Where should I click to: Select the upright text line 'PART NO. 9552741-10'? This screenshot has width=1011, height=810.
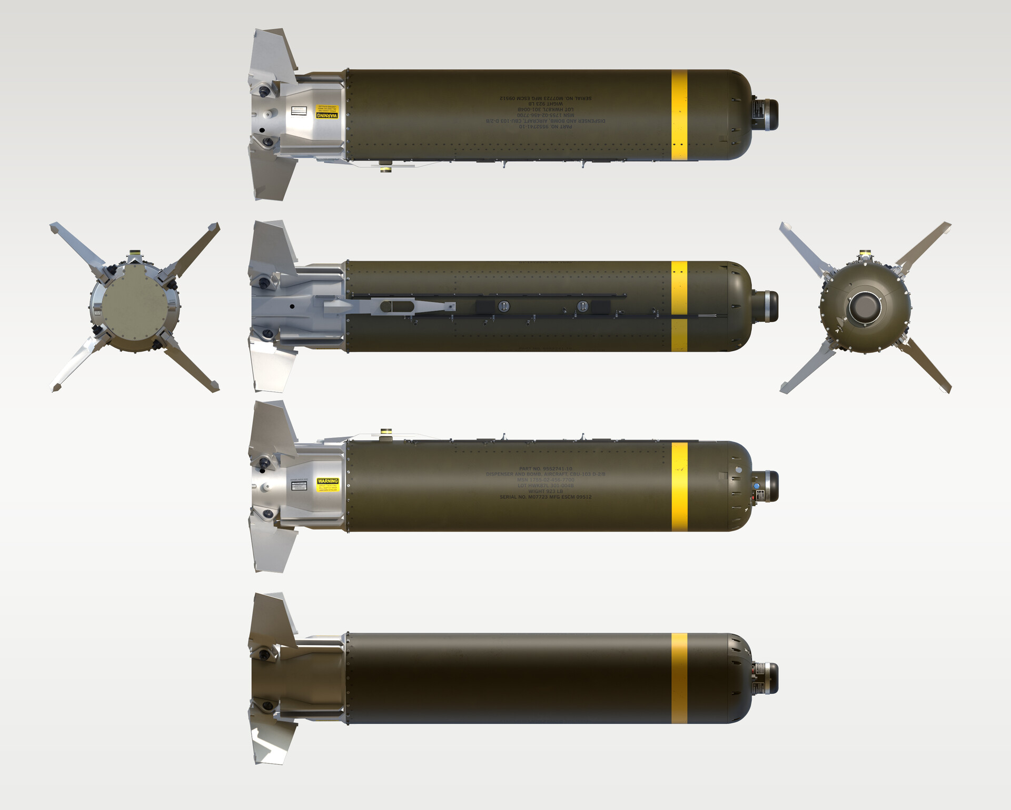coord(546,468)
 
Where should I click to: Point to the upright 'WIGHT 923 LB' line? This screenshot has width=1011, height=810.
coord(546,491)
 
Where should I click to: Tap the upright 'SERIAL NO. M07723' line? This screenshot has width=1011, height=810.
coord(546,497)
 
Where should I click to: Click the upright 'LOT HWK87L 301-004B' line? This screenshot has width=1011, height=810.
coord(546,485)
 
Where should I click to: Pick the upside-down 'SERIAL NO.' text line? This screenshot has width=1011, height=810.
coord(546,98)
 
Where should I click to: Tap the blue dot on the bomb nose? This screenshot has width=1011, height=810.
coord(757,486)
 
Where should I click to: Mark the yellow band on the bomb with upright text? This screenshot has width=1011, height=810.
coord(679,486)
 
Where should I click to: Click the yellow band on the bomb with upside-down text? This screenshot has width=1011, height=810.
coord(679,114)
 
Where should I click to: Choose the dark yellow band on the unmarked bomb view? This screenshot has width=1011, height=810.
coord(679,678)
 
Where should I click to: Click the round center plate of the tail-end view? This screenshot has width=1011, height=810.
coord(135,308)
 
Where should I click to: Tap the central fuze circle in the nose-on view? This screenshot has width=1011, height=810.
coord(864,308)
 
